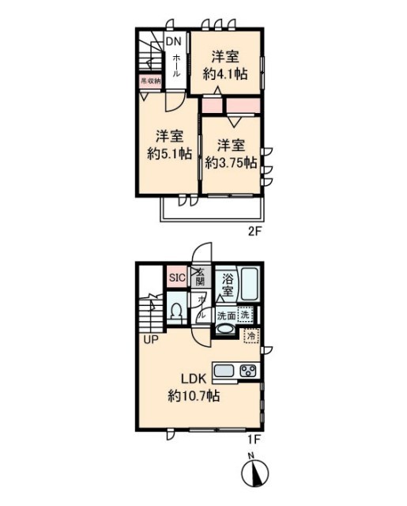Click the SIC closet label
[176, 278]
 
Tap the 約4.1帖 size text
[226, 74]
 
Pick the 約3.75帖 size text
[231, 162]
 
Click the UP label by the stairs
[151, 341]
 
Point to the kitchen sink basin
[222, 371]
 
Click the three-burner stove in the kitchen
[248, 371]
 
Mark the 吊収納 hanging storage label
[150, 81]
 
